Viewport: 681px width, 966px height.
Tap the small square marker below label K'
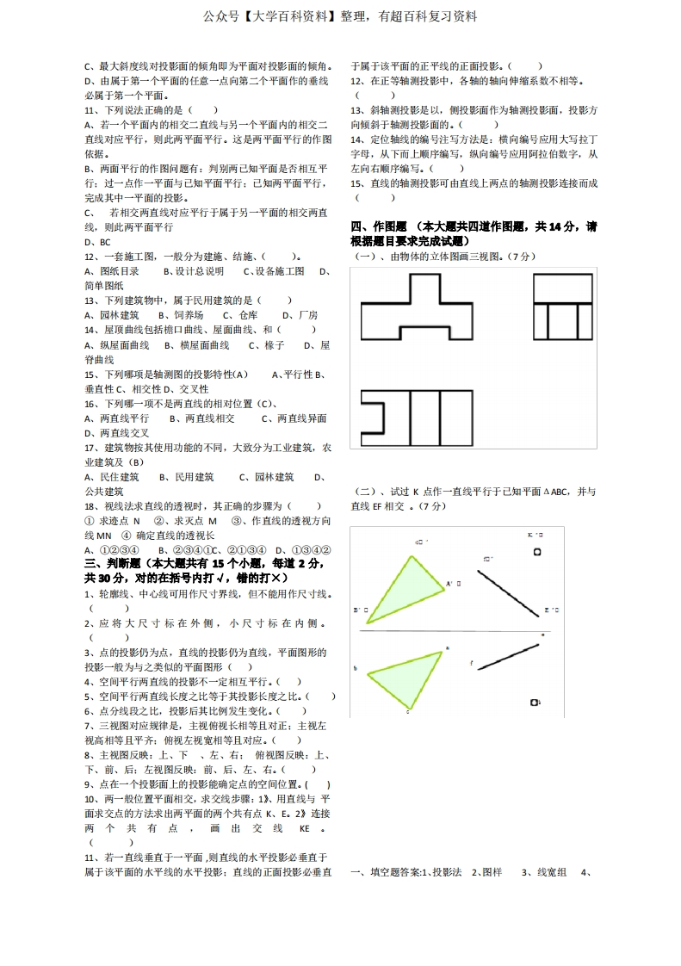pos(537,552)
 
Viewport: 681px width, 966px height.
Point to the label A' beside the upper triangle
pos(450,584)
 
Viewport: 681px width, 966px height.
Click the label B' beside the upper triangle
pos(357,610)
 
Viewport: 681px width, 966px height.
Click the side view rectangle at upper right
pos(564,306)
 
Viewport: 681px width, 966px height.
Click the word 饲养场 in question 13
pos(189,314)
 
